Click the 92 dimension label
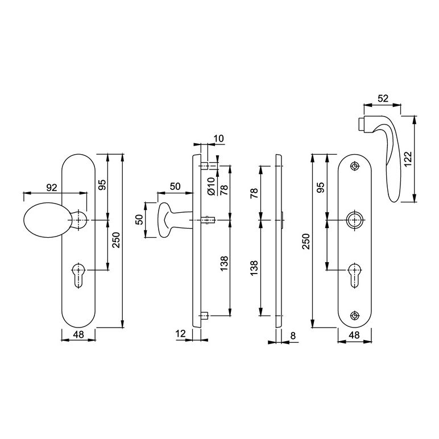52,188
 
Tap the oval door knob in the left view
46,219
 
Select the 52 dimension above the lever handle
383,98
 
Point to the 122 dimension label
408,159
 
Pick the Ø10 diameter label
212,186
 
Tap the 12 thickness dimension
181,333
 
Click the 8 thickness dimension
293,336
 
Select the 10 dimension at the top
219,139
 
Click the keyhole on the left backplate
78,275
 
